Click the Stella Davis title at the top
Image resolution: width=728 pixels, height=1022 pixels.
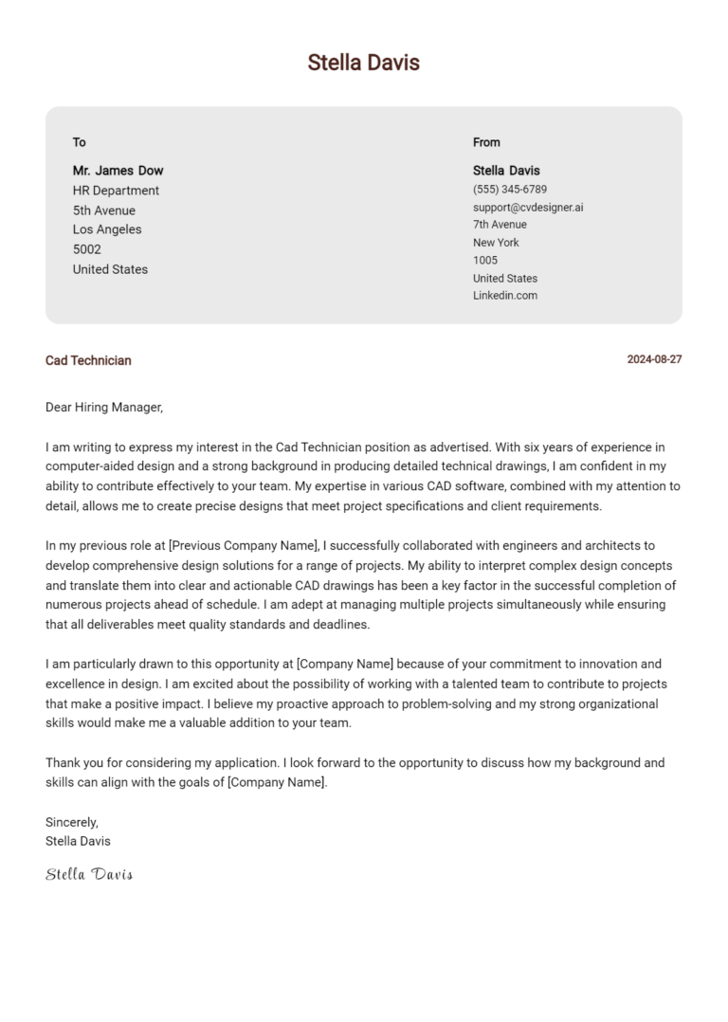click(363, 63)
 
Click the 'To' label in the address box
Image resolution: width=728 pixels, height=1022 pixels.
click(80, 142)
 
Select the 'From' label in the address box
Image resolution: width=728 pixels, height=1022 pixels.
click(486, 142)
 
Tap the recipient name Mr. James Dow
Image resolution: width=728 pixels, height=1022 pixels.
click(118, 171)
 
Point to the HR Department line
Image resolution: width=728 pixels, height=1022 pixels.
click(116, 191)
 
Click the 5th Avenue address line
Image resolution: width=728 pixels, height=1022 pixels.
click(104, 210)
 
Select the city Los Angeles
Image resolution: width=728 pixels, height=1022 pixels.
click(107, 229)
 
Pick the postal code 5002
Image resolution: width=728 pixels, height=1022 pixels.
click(87, 249)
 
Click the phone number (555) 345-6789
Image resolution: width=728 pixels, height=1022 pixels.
click(510, 190)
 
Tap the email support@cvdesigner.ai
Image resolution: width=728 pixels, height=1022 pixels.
click(528, 207)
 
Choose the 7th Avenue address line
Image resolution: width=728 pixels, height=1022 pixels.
click(500, 225)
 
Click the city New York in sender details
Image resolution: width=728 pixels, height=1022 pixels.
click(496, 243)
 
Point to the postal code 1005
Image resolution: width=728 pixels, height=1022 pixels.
click(485, 260)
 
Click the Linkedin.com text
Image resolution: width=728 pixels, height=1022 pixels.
click(505, 296)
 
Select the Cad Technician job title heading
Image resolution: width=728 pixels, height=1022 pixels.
click(88, 360)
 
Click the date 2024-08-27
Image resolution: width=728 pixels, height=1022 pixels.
click(654, 360)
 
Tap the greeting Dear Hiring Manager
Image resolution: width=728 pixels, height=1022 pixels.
click(104, 408)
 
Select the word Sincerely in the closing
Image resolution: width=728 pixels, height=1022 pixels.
click(72, 822)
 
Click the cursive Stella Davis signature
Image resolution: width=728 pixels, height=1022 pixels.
click(89, 874)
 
